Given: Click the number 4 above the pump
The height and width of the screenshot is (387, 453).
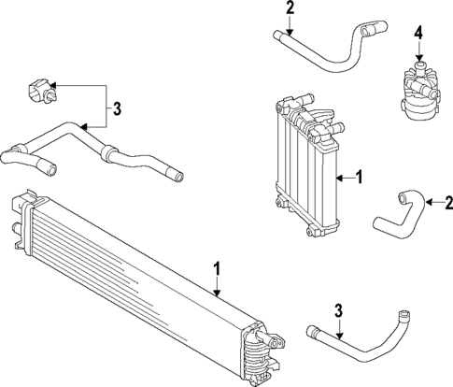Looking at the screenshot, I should [418, 34].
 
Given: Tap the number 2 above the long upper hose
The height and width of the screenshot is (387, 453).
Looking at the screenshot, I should [290, 8].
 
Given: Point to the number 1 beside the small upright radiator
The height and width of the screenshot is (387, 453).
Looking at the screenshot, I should [359, 175].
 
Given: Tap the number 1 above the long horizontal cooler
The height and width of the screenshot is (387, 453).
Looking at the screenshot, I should [217, 269].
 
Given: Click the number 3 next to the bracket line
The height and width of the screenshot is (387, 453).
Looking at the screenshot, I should [117, 109].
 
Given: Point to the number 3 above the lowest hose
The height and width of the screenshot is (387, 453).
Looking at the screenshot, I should [339, 311].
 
